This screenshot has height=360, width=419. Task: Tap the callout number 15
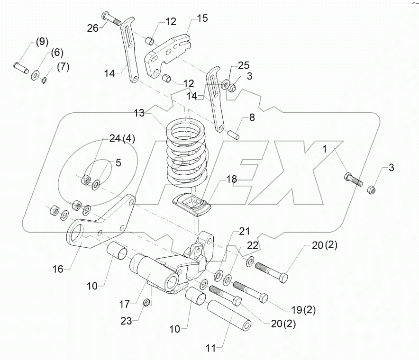202,19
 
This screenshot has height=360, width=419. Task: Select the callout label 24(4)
122,139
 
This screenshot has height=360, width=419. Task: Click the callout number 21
244,231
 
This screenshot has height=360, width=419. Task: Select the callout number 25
244,64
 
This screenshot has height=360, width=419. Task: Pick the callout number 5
118,162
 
